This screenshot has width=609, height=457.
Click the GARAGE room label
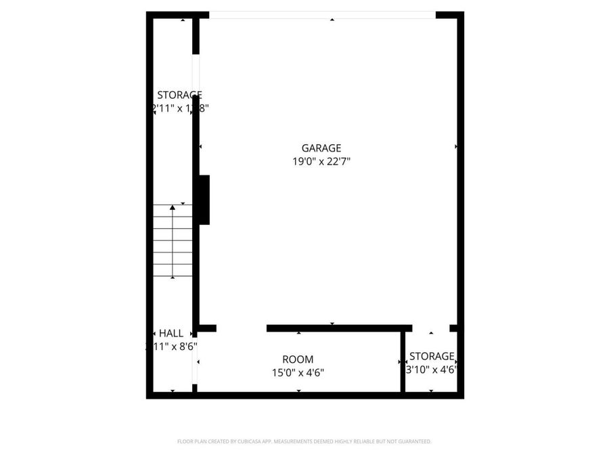[x=321, y=148]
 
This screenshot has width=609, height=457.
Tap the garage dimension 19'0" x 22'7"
[x=321, y=161]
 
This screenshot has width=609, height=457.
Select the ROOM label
[x=298, y=360]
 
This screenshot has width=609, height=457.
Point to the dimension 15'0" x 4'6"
[x=298, y=372]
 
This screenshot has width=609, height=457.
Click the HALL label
[x=171, y=333]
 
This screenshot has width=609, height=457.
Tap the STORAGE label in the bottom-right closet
[x=432, y=356]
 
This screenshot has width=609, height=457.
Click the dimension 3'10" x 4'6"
[x=432, y=370]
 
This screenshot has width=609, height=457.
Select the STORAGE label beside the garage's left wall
[x=179, y=95]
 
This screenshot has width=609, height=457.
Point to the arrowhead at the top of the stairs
[x=173, y=206]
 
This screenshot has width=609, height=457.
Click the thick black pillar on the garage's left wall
[x=204, y=200]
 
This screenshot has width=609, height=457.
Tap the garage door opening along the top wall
[x=322, y=15]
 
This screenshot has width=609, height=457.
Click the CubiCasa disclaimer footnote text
[x=304, y=441]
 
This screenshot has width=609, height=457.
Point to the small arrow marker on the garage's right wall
[x=457, y=146]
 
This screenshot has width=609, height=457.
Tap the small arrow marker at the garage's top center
[x=332, y=20]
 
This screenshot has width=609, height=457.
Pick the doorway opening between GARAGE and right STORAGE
[x=430, y=328]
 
